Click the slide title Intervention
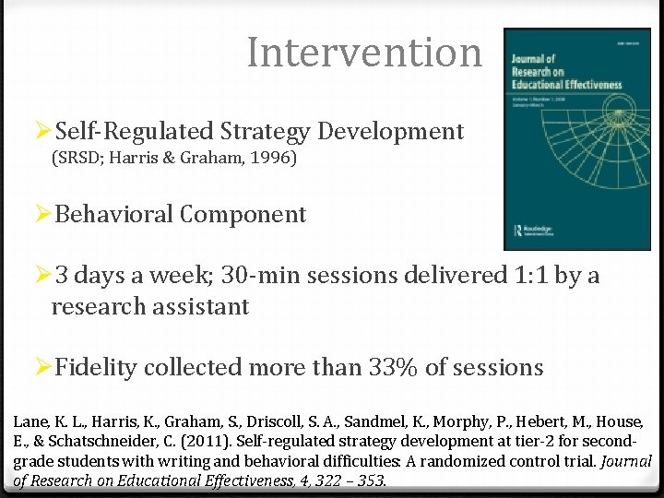coord(364,53)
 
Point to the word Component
coord(243,215)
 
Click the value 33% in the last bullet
coord(393,367)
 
